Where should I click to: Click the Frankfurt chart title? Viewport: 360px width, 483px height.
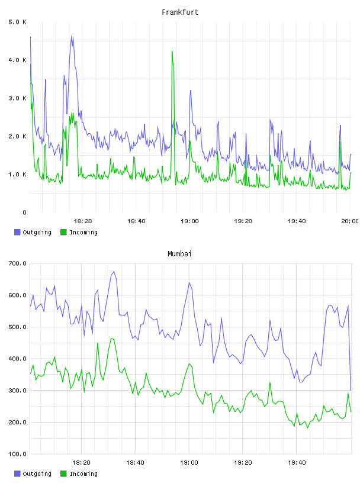[180, 12]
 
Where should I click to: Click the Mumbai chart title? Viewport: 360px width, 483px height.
[179, 254]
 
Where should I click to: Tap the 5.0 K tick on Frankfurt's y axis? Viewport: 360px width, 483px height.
[18, 22]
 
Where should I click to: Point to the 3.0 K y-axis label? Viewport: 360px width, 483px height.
[18, 98]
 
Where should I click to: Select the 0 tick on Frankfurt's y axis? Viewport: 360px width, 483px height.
[24, 212]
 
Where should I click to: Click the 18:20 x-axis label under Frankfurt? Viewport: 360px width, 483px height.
[83, 221]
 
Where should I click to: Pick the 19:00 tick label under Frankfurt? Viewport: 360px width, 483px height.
[189, 221]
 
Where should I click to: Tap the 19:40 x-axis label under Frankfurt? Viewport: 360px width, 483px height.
[297, 221]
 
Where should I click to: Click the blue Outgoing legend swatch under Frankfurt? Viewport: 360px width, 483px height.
[17, 232]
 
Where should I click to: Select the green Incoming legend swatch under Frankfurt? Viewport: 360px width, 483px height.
[63, 232]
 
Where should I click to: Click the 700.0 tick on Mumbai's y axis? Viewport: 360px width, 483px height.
[18, 263]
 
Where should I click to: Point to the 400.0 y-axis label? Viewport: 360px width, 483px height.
[18, 359]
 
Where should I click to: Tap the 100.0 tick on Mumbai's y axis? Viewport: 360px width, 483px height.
[18, 454]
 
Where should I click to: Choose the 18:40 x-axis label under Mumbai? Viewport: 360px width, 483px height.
[135, 463]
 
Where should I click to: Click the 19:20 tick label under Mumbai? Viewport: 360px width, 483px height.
[243, 463]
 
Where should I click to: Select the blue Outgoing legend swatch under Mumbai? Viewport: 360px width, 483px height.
[17, 474]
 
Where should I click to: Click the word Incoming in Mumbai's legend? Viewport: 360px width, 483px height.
[83, 474]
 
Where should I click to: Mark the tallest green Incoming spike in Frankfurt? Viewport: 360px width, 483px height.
[172, 51]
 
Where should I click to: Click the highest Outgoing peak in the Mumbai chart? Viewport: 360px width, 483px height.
[114, 272]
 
